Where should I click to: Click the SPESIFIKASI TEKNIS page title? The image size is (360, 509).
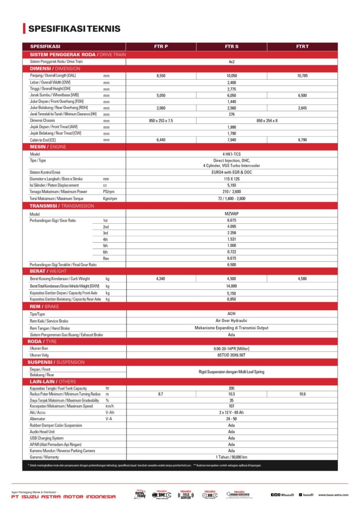(x=74, y=28)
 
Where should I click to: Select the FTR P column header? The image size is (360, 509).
(x=161, y=46)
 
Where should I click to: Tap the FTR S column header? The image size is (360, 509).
(x=231, y=46)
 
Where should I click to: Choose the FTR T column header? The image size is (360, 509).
(x=302, y=46)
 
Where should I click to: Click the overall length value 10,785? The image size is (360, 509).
(x=302, y=76)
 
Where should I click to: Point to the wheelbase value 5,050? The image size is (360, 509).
(x=161, y=95)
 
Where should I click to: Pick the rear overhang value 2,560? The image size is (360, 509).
(x=231, y=108)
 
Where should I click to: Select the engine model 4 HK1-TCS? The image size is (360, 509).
(x=231, y=154)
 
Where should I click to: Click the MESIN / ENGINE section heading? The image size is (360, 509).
(x=48, y=147)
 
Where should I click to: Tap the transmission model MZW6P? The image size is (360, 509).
(x=231, y=214)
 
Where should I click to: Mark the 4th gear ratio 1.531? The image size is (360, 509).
(x=231, y=239)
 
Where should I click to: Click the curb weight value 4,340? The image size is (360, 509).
(x=161, y=279)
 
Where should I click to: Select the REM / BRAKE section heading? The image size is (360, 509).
(x=44, y=307)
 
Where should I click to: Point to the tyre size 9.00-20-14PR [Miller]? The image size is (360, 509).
(x=231, y=348)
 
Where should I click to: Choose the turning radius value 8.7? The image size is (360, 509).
(x=161, y=394)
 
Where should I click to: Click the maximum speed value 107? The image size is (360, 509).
(x=231, y=406)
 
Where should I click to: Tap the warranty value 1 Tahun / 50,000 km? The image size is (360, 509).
(x=231, y=457)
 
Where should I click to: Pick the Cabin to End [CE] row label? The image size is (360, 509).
(x=43, y=140)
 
